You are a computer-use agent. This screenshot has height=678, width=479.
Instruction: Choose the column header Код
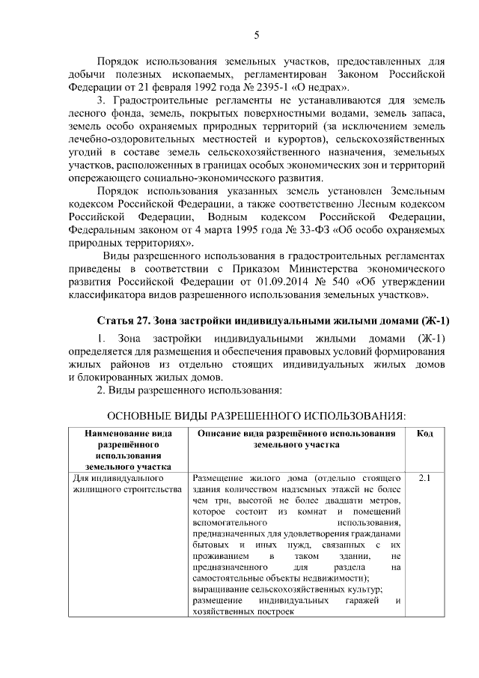pos(424,434)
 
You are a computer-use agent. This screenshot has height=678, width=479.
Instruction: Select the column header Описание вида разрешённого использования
pos(296,439)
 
